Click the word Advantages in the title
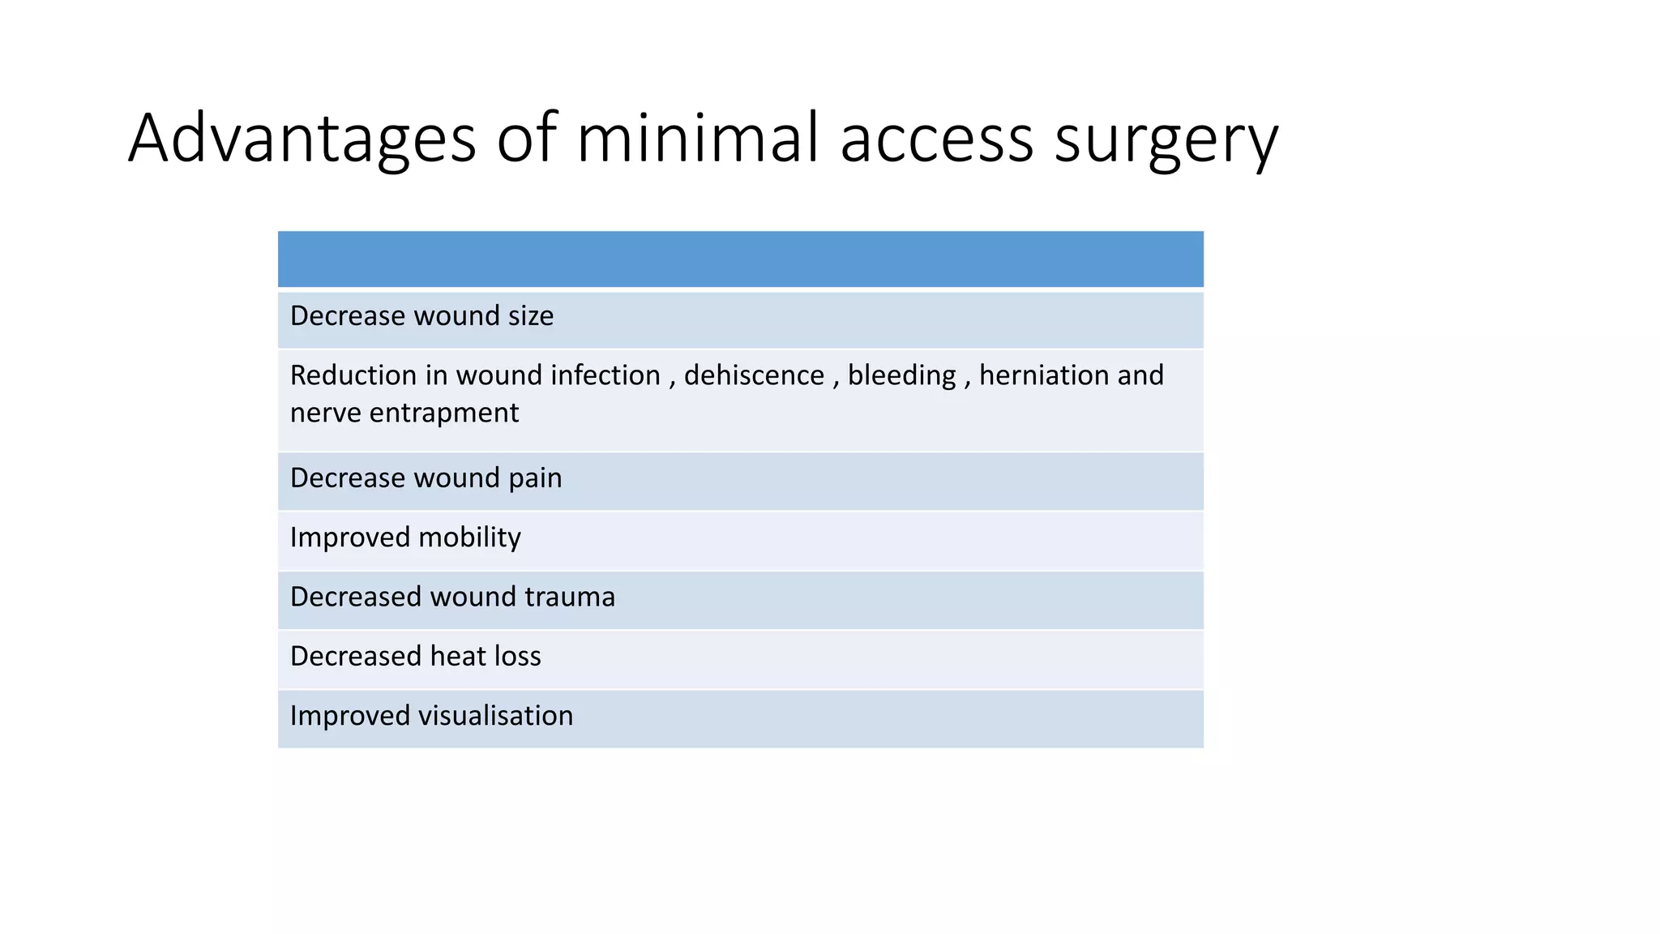click(302, 139)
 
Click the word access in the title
click(937, 139)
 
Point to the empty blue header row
click(740, 259)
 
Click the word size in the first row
click(530, 316)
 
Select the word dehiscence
click(754, 375)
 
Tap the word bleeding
click(901, 375)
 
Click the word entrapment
click(443, 413)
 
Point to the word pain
click(535, 478)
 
